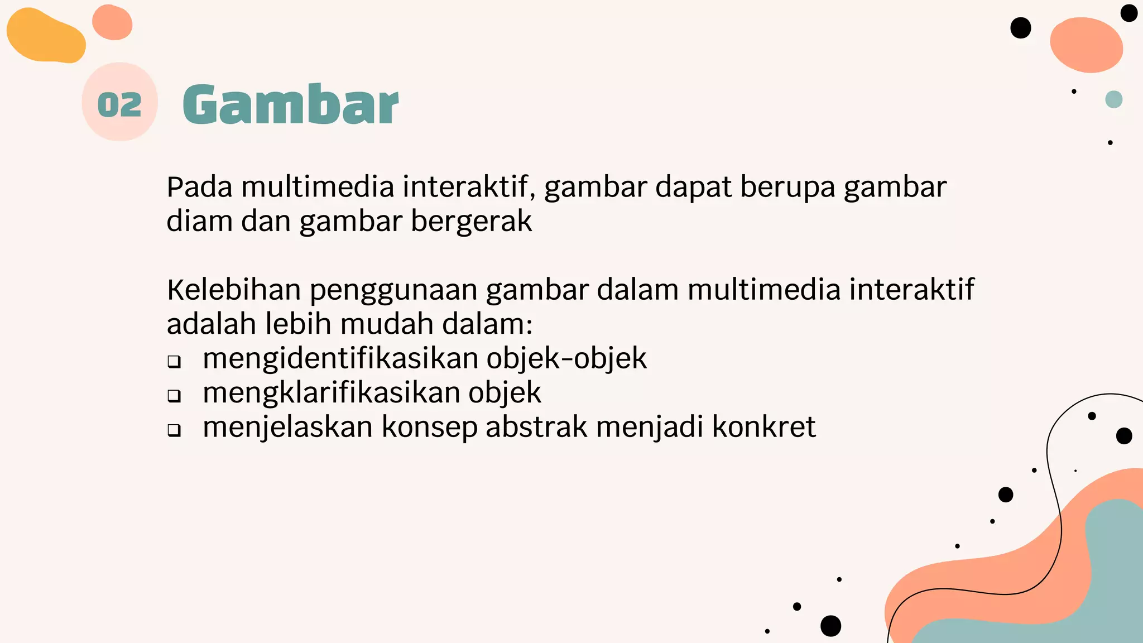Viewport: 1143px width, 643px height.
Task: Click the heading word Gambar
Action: [290, 104]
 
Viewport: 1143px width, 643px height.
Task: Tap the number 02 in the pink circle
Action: [119, 104]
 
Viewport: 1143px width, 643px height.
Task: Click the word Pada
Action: [199, 187]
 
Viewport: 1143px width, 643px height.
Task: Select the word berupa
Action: [787, 188]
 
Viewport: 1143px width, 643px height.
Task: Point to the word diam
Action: [199, 221]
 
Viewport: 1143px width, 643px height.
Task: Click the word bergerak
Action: [471, 222]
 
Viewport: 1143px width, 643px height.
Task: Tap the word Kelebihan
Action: [234, 290]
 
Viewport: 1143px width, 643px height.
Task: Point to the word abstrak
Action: [536, 427]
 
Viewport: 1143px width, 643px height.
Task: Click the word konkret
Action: [763, 427]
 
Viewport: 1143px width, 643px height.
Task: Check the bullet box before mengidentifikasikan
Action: [174, 362]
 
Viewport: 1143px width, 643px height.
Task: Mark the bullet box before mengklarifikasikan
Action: [174, 396]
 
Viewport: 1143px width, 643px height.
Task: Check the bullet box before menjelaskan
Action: [174, 430]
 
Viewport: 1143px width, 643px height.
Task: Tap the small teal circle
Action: [1113, 99]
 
